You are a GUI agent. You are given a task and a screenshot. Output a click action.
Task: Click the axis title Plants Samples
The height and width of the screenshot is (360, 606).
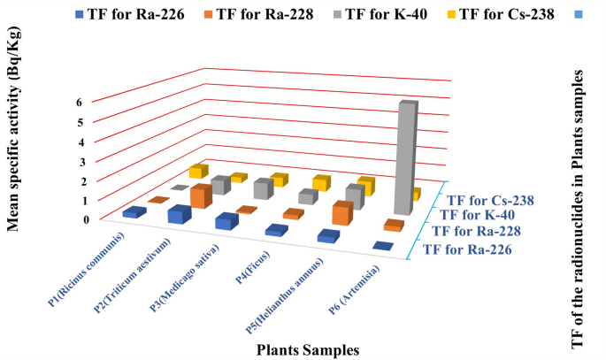308,350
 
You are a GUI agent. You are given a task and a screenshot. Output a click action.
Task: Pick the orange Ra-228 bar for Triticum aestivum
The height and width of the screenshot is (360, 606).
201,195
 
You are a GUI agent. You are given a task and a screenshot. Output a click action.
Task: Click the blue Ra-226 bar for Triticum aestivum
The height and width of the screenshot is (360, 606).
180,215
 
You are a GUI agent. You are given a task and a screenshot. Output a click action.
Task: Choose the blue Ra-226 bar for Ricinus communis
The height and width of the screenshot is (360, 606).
134,212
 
